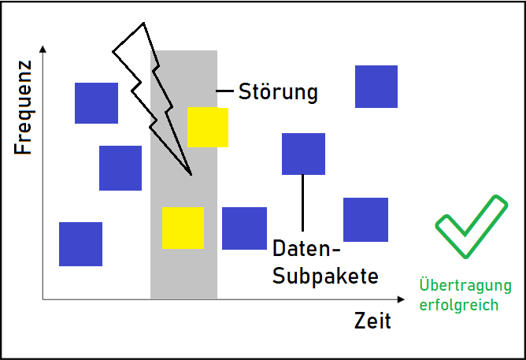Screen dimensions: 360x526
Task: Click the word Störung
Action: click(x=278, y=91)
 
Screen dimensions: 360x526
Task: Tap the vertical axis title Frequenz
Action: click(x=23, y=107)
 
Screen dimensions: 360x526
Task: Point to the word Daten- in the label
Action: click(x=306, y=250)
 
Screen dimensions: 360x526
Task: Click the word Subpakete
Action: click(x=325, y=276)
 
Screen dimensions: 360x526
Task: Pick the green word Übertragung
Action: click(x=465, y=285)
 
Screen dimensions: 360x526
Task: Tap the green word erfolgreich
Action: click(x=465, y=303)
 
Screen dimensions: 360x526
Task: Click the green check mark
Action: click(x=470, y=226)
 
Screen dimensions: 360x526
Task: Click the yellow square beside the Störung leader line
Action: click(x=207, y=128)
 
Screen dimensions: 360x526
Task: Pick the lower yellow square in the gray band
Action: click(x=183, y=228)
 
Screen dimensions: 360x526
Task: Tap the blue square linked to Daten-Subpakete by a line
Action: click(x=303, y=154)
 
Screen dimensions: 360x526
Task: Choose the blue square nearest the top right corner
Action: click(x=376, y=87)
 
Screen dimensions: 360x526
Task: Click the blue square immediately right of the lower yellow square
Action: click(x=244, y=228)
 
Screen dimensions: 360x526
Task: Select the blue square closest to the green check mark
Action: click(x=365, y=219)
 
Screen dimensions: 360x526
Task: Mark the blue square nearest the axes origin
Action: click(x=80, y=243)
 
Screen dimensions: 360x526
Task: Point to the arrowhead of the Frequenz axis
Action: click(x=43, y=49)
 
